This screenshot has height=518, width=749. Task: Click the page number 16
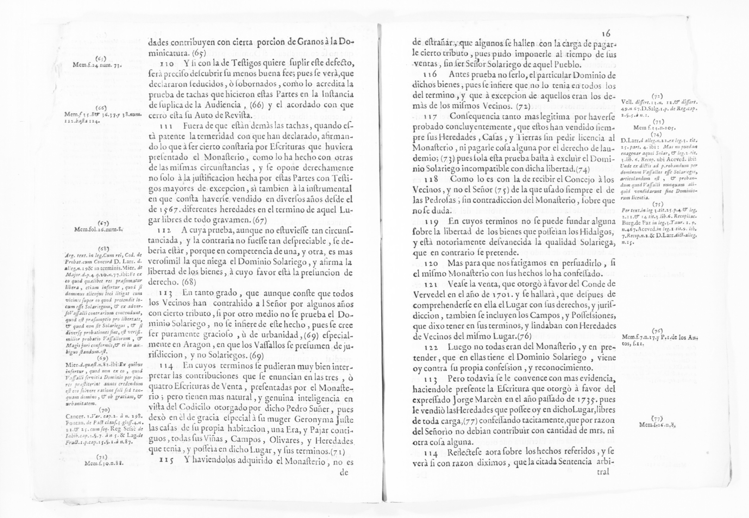tap(606, 34)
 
